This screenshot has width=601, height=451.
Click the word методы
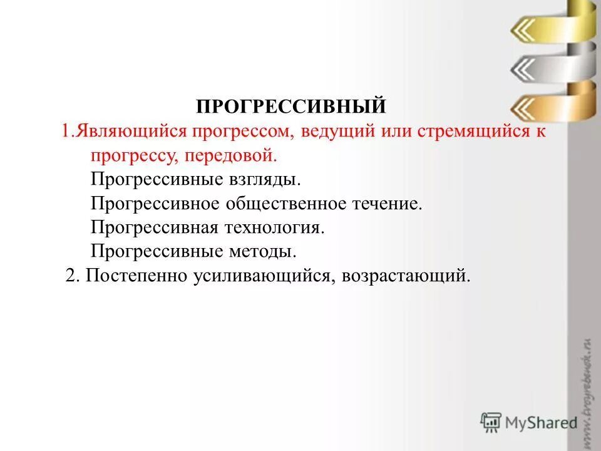coord(263,252)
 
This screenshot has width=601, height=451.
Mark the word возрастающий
coord(405,276)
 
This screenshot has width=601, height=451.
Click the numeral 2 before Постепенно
coord(71,276)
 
